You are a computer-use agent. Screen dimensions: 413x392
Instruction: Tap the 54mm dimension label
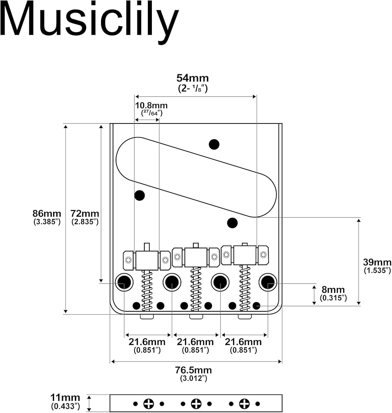[x=192, y=78]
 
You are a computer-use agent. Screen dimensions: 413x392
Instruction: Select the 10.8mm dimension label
[x=151, y=105]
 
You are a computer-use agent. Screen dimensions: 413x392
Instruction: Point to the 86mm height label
[x=47, y=214]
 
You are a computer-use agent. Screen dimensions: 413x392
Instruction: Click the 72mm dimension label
[x=85, y=214]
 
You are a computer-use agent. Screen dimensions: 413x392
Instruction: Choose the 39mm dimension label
[x=377, y=262]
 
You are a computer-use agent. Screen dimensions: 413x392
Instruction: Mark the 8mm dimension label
[x=333, y=290]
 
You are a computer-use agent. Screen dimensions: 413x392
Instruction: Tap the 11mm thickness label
[x=65, y=398]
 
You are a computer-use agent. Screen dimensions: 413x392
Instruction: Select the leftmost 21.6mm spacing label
[x=147, y=342]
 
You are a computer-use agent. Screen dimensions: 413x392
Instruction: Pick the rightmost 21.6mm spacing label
[x=243, y=342]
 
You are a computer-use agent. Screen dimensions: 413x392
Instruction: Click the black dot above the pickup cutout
[x=214, y=144]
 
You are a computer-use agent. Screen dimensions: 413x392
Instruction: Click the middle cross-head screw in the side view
[x=196, y=404]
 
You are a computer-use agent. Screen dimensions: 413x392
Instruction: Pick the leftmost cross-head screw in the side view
[x=148, y=404]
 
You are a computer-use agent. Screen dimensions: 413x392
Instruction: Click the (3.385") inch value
[x=47, y=222]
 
